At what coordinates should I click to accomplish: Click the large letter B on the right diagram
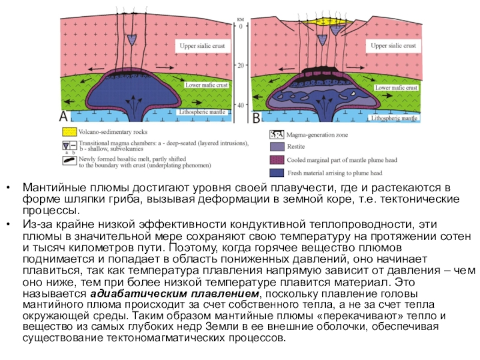pos(256,118)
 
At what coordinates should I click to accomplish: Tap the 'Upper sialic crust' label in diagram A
pos(203,46)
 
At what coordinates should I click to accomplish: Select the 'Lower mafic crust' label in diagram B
pos(395,88)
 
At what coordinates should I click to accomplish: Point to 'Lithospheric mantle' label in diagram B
pos(394,119)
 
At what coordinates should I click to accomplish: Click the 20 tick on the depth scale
pos(240,65)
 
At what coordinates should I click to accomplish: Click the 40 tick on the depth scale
pos(240,105)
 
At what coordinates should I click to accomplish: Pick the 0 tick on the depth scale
pos(241,27)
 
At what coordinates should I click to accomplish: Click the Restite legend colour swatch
pos(276,146)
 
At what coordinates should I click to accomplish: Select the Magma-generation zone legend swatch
pos(276,135)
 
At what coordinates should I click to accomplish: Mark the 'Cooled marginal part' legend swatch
pos(276,160)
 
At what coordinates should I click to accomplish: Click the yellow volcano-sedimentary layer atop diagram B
pos(327,20)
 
